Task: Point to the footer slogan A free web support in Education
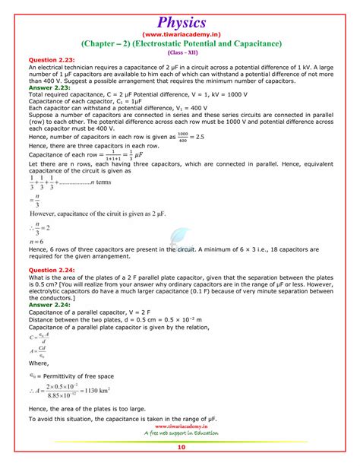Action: [x=181, y=433]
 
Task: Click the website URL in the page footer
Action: [x=181, y=426]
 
